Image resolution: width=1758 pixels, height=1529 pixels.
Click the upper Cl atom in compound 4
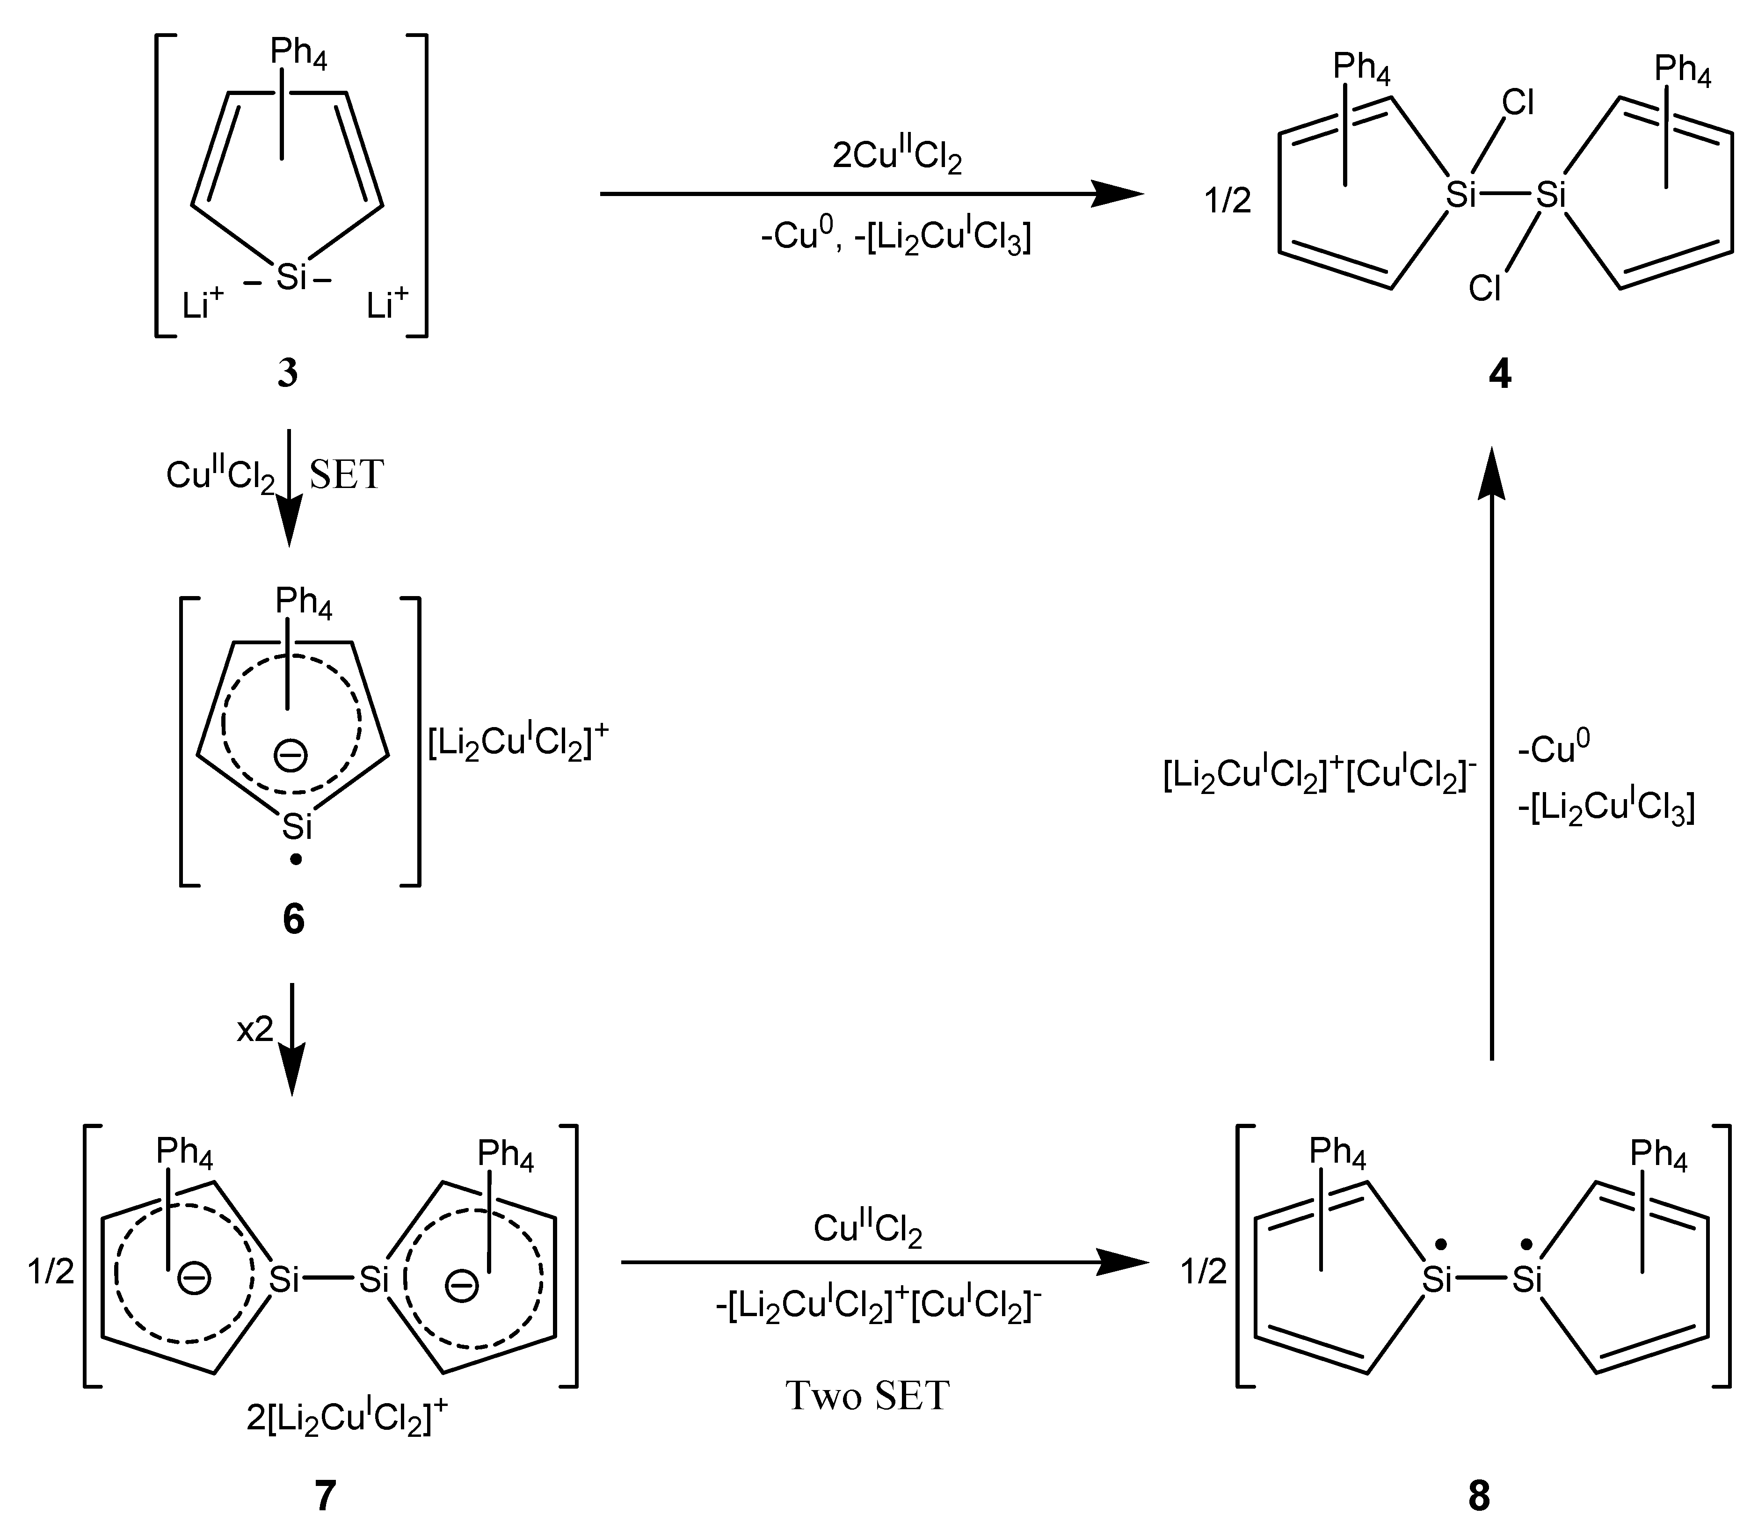[1518, 103]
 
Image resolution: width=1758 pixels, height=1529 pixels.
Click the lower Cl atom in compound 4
[1485, 289]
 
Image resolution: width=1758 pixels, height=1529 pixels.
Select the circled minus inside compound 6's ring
[291, 755]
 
